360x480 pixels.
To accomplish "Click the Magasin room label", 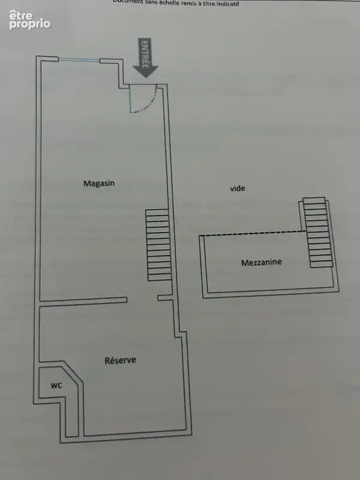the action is [99, 183].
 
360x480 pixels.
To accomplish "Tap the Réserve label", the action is [121, 361].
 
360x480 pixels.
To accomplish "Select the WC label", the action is [56, 385].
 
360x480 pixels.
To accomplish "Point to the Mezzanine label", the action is [262, 262].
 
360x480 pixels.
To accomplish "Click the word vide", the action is [238, 188].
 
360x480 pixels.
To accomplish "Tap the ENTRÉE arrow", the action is [145, 58].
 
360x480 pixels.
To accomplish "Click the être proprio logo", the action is [29, 20].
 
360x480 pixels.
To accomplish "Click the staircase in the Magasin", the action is [158, 245].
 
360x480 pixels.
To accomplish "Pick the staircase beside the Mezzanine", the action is [318, 232].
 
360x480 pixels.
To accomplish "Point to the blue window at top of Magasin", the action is [79, 61].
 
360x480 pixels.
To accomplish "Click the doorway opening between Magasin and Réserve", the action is [142, 299].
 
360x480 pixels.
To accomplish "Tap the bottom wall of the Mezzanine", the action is [271, 293].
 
